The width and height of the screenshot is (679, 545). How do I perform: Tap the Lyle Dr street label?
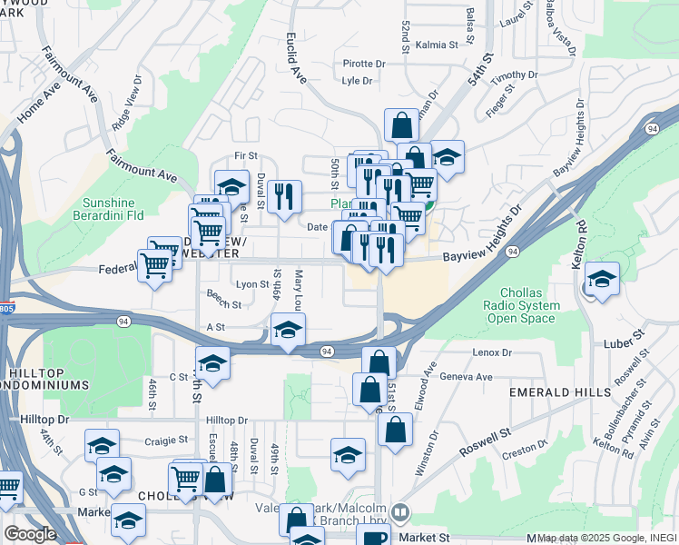tap(358, 81)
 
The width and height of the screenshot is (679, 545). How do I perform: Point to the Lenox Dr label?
tap(492, 352)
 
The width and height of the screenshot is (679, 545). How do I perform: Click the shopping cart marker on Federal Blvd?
tap(155, 266)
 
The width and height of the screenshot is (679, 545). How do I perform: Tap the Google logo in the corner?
tap(29, 534)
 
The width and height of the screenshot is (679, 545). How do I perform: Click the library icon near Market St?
tap(400, 514)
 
